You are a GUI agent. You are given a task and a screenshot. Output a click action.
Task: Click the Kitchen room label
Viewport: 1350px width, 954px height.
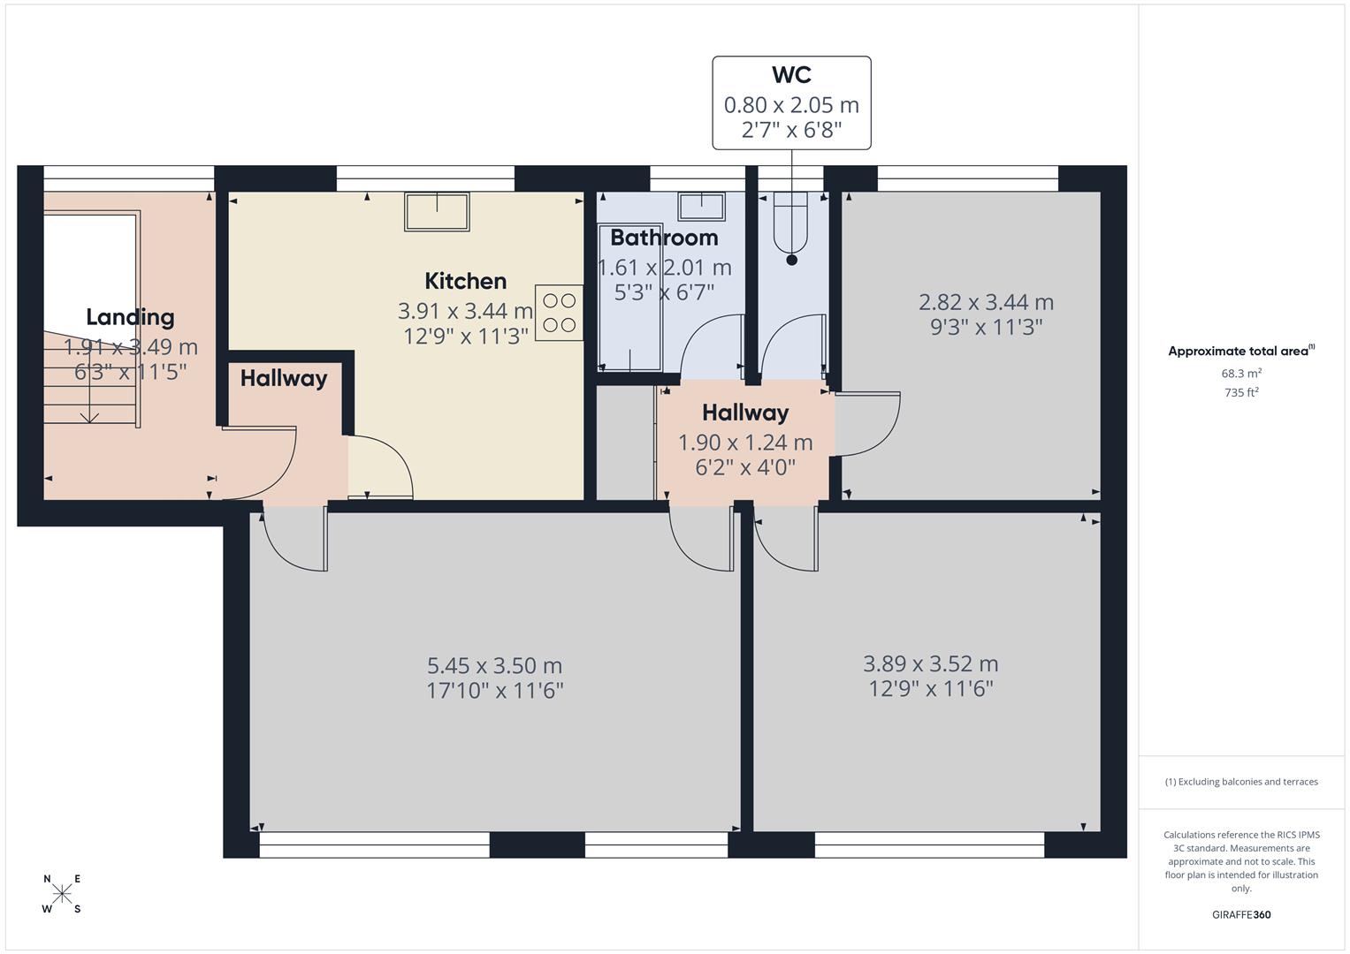click(x=465, y=281)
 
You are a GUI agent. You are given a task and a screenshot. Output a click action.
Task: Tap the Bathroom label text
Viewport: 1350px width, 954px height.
click(x=664, y=238)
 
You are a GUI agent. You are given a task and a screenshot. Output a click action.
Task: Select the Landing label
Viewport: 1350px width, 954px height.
click(x=130, y=317)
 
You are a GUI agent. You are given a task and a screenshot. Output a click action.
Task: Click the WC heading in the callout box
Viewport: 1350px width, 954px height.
click(x=791, y=75)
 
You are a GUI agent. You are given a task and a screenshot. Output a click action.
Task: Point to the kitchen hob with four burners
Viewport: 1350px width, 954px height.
click(x=559, y=313)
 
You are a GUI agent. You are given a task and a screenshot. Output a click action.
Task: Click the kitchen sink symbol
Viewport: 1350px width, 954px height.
click(x=437, y=212)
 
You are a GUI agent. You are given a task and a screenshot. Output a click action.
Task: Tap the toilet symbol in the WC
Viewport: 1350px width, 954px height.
click(x=791, y=223)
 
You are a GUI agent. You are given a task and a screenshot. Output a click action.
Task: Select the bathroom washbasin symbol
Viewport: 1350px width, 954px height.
click(x=702, y=207)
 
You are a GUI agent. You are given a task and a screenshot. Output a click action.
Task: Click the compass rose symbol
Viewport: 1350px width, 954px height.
click(x=62, y=894)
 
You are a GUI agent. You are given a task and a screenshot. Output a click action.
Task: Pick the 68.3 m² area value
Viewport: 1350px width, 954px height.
click(x=1241, y=374)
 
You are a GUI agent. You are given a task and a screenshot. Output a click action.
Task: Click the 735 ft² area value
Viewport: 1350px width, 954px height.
click(x=1241, y=393)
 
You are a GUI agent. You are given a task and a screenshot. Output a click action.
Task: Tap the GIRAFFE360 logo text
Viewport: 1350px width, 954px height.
click(x=1241, y=914)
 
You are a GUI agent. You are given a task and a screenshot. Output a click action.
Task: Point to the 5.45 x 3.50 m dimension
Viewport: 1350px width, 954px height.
click(x=494, y=665)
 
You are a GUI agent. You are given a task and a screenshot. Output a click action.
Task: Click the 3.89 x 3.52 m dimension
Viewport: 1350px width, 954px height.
click(x=930, y=663)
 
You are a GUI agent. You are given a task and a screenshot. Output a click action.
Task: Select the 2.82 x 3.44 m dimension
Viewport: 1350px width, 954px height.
click(x=986, y=302)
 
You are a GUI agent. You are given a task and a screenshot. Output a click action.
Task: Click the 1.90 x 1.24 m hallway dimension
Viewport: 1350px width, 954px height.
click(x=744, y=443)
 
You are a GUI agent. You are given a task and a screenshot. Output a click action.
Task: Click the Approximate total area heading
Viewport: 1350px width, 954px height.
click(x=1239, y=351)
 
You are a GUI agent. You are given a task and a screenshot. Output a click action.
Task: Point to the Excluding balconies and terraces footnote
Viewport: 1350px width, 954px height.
click(x=1241, y=782)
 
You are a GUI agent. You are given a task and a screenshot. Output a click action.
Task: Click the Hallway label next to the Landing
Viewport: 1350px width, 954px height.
click(x=284, y=378)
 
